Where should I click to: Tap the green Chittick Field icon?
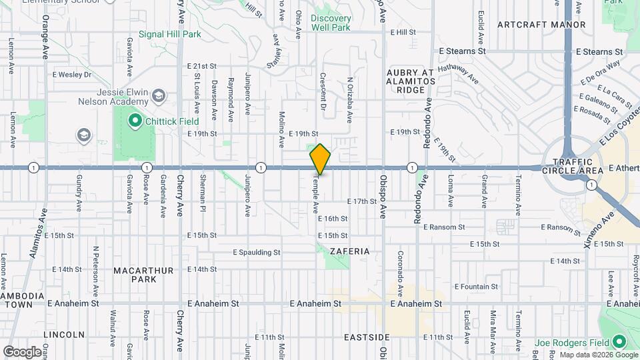tap(134, 121)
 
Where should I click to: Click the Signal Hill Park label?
tap(170, 34)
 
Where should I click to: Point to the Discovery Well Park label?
tap(330, 23)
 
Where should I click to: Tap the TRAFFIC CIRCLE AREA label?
tap(573, 167)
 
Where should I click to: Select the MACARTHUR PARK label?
tap(143, 275)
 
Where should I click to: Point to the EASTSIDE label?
tap(367, 337)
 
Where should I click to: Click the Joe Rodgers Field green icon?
tap(619, 342)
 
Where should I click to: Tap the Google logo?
tap(22, 351)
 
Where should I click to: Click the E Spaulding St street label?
tap(256, 253)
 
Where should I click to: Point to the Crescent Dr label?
tap(323, 91)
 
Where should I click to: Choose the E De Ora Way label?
tap(600, 72)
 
